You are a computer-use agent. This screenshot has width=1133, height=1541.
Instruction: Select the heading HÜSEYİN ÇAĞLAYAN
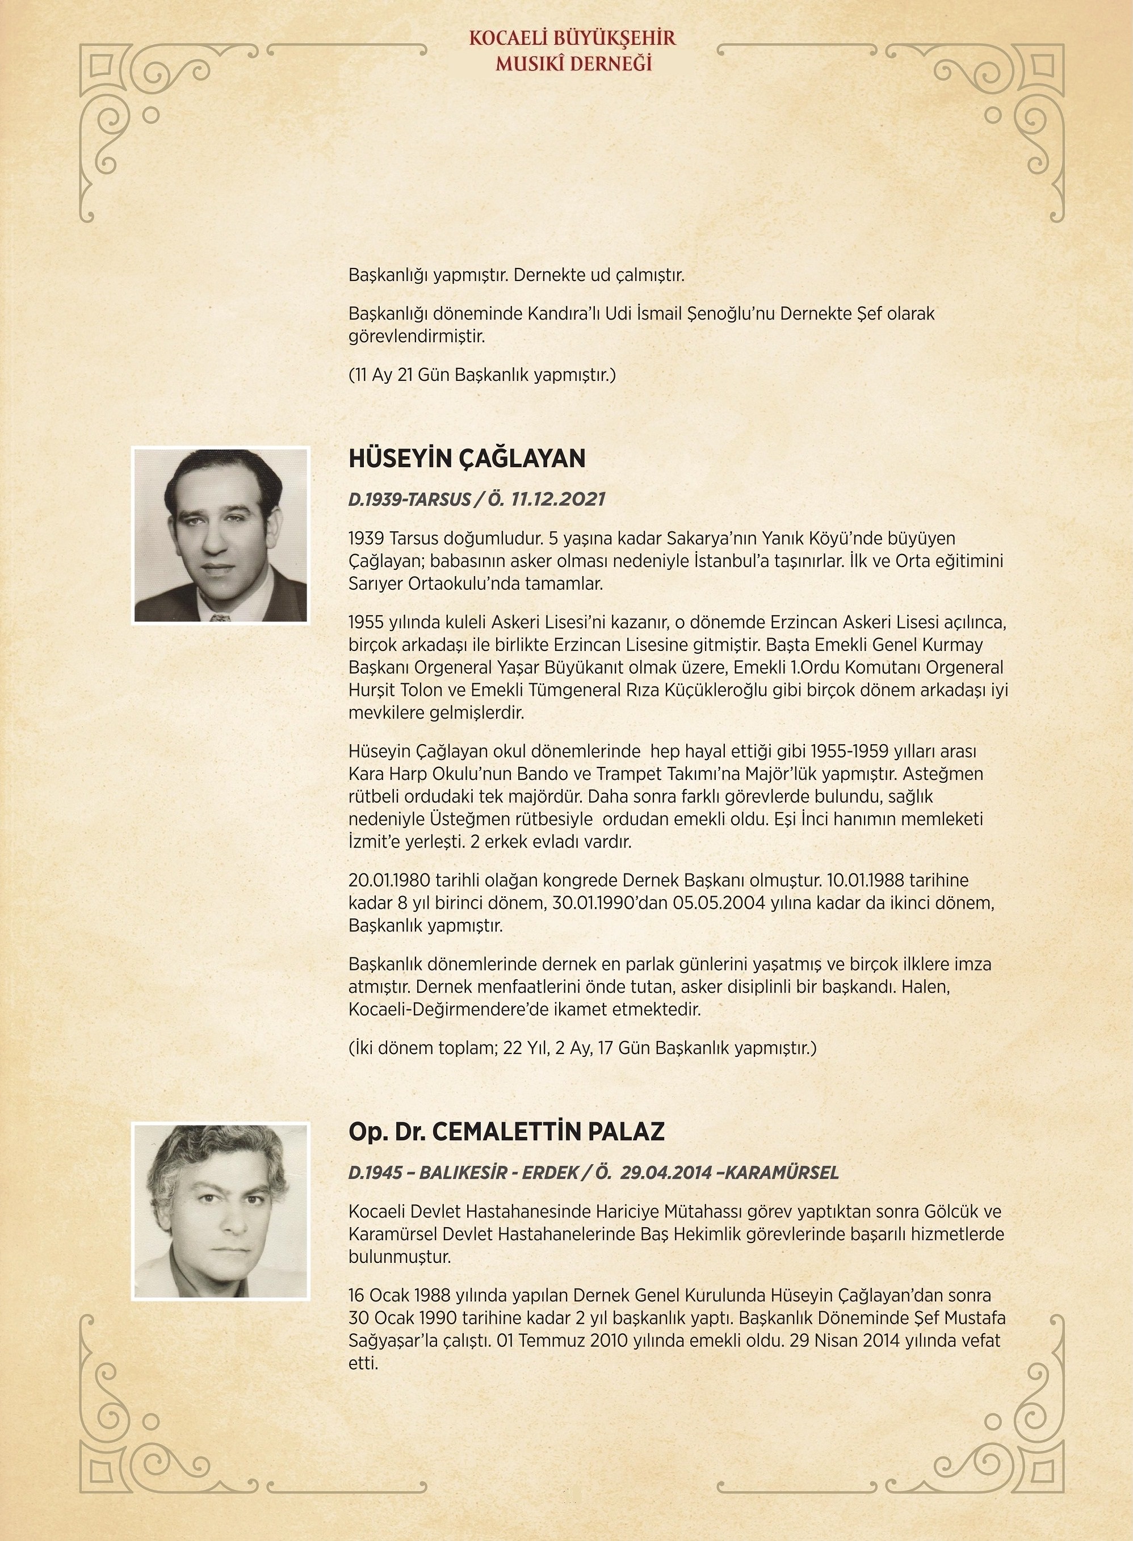pyautogui.click(x=467, y=458)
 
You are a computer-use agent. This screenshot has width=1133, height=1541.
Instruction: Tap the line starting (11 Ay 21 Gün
pyautogui.click(x=481, y=375)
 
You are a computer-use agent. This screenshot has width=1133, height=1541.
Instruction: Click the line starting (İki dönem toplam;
pyautogui.click(x=582, y=1048)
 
